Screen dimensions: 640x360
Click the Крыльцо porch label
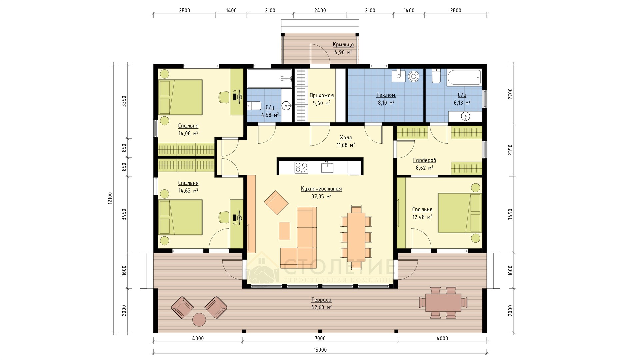tap(343, 45)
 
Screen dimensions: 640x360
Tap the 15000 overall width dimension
tap(320, 350)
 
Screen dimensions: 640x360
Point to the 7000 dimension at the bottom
tap(320, 339)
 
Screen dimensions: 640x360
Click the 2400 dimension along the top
tap(320, 10)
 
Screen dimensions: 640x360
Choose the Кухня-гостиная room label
tap(321, 189)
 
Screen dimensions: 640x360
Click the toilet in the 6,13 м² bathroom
tap(436, 76)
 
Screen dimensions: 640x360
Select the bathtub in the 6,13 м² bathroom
tap(464, 78)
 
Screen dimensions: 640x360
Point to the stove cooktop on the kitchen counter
tap(301, 167)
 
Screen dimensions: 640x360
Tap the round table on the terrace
tap(200, 319)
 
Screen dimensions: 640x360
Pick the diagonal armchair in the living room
tap(276, 203)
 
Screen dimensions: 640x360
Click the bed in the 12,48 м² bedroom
tap(460, 213)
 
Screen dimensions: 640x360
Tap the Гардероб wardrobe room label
tap(424, 160)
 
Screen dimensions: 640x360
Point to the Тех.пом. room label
tap(387, 95)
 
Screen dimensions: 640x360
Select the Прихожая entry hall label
tap(322, 96)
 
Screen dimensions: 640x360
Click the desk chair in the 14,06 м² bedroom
tap(223, 97)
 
